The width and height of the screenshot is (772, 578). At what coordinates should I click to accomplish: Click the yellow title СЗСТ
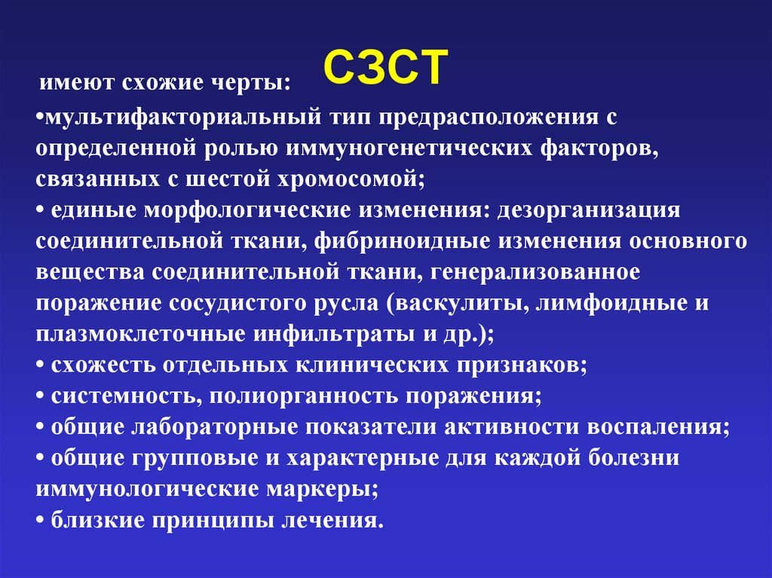click(386, 70)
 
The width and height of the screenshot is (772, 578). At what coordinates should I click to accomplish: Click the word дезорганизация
click(588, 210)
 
